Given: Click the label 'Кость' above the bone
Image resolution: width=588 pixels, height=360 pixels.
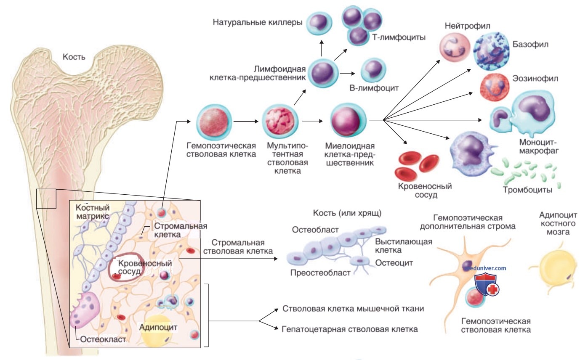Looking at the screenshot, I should click(x=74, y=57).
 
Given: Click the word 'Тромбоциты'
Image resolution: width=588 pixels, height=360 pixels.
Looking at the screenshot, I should click(x=527, y=190).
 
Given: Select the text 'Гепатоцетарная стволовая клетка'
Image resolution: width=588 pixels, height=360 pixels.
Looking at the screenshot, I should click(x=350, y=329).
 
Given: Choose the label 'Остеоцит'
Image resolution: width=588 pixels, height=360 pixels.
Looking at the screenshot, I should click(x=394, y=262).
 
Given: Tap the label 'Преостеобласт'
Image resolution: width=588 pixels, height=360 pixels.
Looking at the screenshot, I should click(x=320, y=273).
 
